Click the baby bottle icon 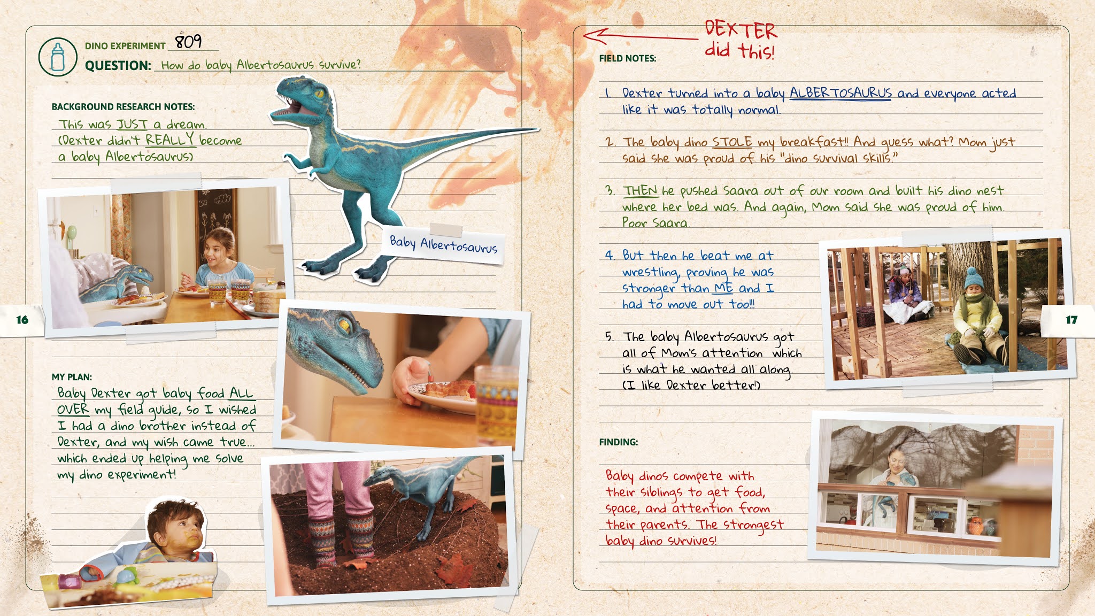pos(58,57)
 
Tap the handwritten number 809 pos(188,41)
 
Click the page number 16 pos(22,320)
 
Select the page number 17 pos(1071,320)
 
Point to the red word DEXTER pos(741,29)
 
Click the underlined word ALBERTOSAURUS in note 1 pos(840,93)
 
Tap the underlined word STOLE pos(732,142)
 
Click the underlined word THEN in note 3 pos(640,190)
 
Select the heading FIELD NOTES pos(628,58)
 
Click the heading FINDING pos(619,442)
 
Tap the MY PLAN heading pos(72,377)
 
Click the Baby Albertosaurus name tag pos(444,244)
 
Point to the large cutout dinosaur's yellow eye pos(320,95)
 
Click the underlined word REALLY pos(170,140)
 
